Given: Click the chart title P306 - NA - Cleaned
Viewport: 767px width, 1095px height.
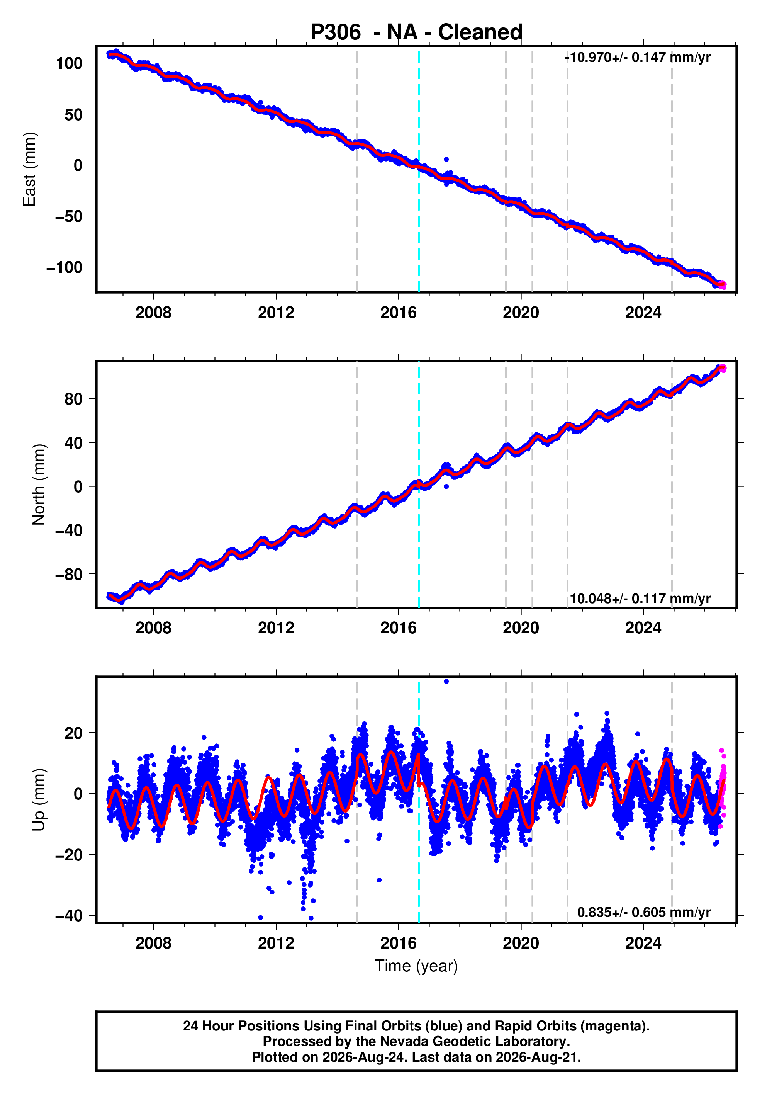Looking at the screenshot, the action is coord(416,32).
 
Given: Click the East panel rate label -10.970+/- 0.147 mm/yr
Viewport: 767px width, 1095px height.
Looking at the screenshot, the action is coord(637,58).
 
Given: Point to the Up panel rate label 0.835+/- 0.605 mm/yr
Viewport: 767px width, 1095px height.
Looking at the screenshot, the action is coord(643,912).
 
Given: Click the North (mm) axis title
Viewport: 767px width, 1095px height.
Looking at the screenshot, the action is coord(39,485).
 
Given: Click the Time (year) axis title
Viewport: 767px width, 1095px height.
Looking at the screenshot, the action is coord(416,966).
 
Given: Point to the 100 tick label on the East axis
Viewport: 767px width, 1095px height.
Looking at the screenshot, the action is coord(69,63).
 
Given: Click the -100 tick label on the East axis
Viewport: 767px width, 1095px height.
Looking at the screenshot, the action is coord(64,267).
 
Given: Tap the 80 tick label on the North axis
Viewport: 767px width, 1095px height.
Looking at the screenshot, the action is coord(73,399).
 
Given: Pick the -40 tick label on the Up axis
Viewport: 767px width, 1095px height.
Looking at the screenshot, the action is coord(69,916).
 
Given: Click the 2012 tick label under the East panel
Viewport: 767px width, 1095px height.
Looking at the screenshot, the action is coord(276,313).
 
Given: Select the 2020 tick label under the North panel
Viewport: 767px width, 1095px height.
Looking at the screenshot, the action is coord(521,628).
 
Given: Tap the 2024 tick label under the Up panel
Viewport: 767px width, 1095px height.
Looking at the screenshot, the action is coord(643,943).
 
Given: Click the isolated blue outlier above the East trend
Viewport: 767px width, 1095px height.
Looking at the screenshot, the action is coord(446,159).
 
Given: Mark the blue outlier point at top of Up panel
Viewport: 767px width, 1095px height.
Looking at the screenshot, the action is coord(446,682).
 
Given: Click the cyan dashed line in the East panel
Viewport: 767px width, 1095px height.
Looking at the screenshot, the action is coord(419,169).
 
